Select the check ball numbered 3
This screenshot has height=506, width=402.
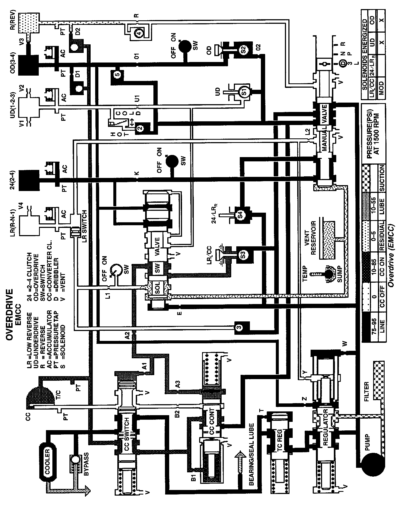239,326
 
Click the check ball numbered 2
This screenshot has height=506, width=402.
140,128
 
